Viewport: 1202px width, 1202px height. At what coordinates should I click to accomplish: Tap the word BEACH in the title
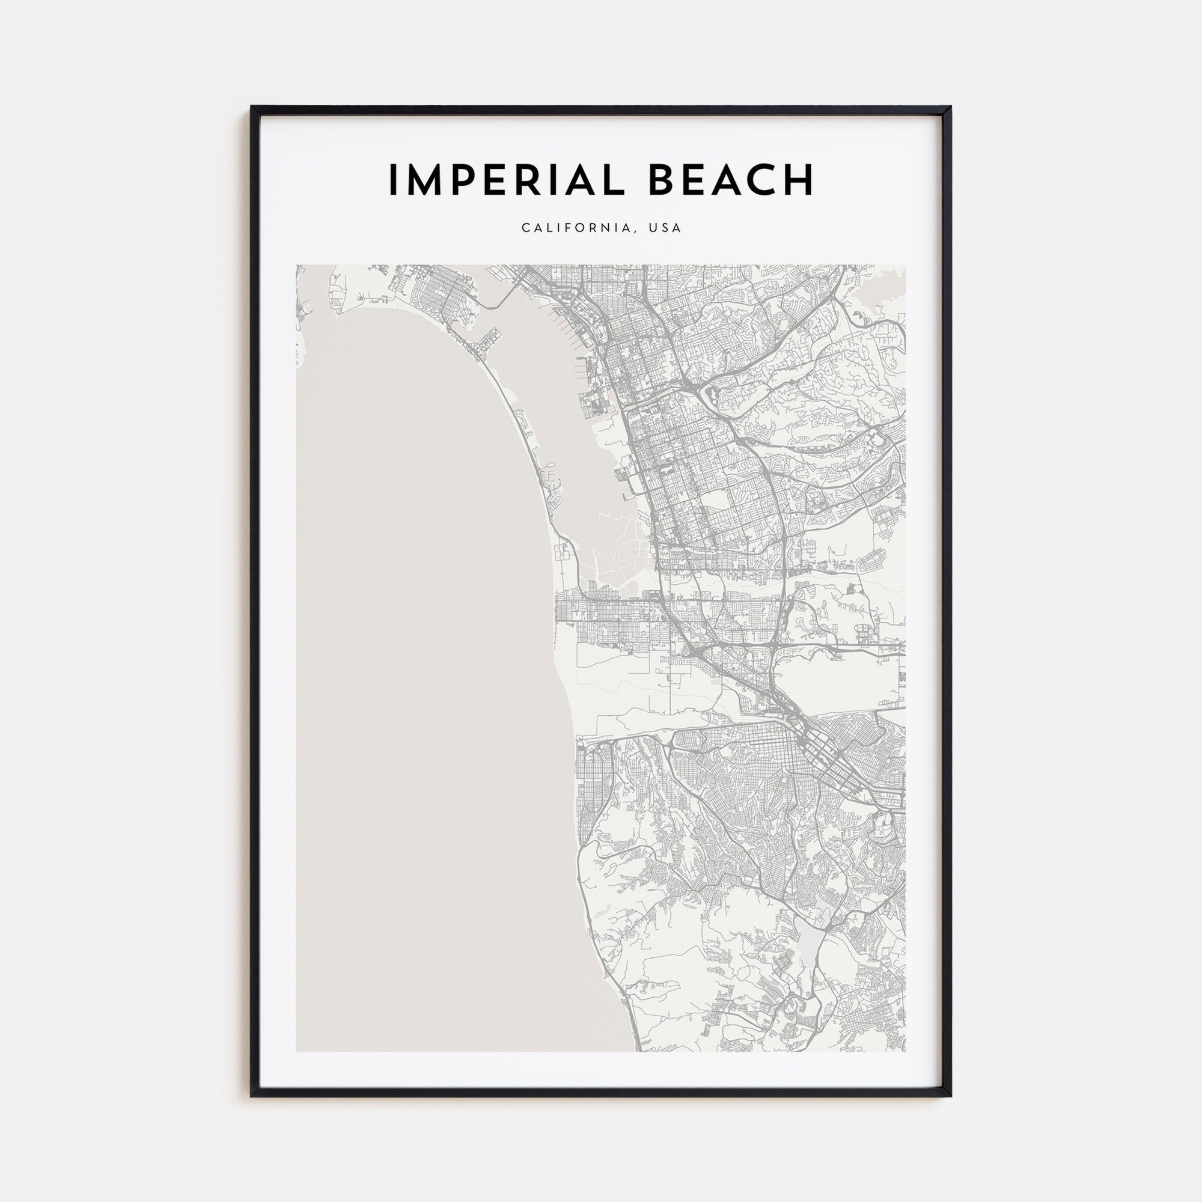point(731,180)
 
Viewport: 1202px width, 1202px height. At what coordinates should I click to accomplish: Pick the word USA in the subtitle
point(665,228)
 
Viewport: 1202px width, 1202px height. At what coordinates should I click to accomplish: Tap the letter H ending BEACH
point(798,180)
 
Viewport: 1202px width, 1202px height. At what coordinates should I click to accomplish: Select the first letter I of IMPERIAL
point(394,180)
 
